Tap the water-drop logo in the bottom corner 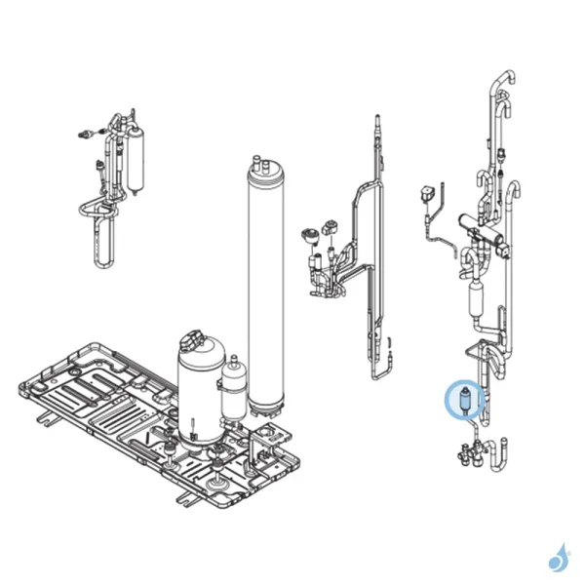click(x=559, y=557)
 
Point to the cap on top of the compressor click(x=199, y=340)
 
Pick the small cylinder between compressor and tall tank click(x=234, y=387)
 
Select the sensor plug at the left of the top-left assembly click(x=86, y=135)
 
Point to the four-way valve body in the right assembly click(x=485, y=231)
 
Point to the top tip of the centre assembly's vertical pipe click(x=374, y=122)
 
